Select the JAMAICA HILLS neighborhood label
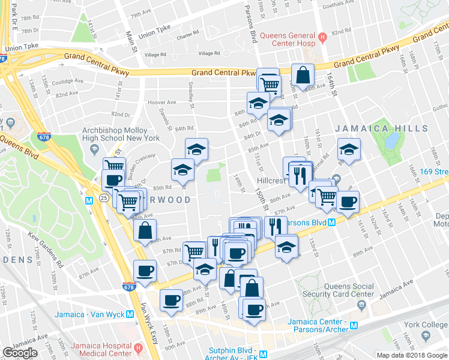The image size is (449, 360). [x=382, y=128]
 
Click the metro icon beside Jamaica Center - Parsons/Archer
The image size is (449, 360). [x=354, y=326]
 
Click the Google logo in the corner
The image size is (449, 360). [x=20, y=353]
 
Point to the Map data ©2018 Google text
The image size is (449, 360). [x=411, y=355]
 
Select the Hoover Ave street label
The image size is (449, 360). [x=161, y=102]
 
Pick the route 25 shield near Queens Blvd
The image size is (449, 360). [x=104, y=197]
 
